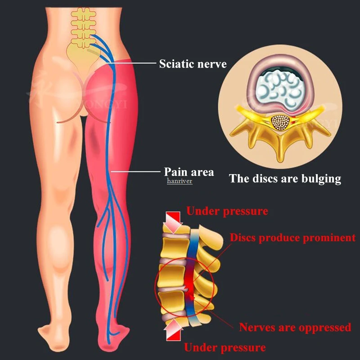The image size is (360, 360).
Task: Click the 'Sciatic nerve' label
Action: click(193, 63)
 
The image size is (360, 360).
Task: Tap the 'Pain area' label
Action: click(189, 172)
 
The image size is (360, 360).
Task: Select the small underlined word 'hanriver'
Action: click(180, 181)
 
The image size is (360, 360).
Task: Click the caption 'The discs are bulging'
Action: click(285, 179)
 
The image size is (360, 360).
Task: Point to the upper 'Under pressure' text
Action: click(227, 211)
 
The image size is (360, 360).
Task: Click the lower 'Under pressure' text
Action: click(225, 347)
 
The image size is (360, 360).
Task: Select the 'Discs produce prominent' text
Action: click(293, 238)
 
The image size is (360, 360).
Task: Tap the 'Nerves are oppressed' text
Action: click(295, 327)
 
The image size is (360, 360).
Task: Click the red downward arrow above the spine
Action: click(173, 222)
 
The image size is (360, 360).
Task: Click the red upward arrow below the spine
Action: click(173, 330)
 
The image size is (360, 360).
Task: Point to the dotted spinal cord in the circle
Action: click(280, 123)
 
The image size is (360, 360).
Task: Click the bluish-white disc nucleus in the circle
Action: click(279, 89)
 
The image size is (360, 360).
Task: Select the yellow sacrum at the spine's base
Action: click(81, 58)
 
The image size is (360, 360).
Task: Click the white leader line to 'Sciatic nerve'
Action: click(134, 63)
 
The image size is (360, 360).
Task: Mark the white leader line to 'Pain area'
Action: click(135, 171)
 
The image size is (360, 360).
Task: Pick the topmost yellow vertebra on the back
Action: click(83, 13)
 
